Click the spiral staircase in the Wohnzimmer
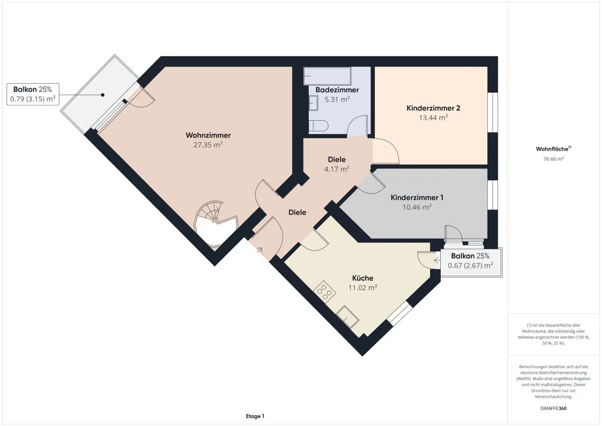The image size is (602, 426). pos(215,224)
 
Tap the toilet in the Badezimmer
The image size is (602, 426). pos(319,126)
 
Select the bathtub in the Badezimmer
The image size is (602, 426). pos(327,76)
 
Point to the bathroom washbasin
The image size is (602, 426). pos(313,103)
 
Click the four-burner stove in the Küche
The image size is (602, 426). pos(324,292)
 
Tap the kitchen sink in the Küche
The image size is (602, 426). pos(348,317)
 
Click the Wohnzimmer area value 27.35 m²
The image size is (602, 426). pos(208,145)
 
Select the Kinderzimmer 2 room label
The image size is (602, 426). pos(433,108)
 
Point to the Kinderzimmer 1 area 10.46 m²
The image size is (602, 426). pos(417,207)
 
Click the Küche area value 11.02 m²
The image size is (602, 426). pos(363,288)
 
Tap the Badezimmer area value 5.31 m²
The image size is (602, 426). pos(337,99)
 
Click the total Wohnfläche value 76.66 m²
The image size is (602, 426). pos(554,159)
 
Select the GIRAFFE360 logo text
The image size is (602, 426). pos(554,408)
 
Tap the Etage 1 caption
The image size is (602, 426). pos(255,416)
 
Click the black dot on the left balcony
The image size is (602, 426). pos(103,95)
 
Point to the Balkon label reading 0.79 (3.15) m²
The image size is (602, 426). pos(33,94)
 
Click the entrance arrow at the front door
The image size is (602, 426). pos(259,250)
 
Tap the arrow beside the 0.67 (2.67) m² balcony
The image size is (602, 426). pos(437,260)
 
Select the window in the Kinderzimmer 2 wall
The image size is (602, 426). pos(493,112)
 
